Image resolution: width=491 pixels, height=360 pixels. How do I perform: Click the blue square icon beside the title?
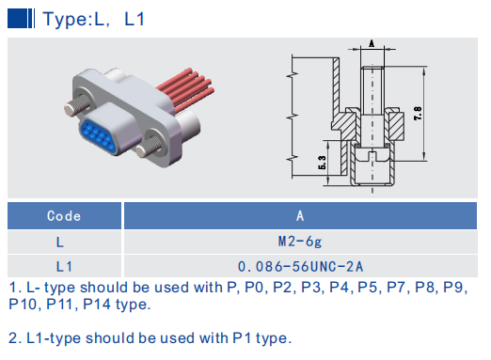pyautogui.click(x=20, y=18)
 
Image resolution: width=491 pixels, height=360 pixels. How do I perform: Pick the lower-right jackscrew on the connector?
pyautogui.click(x=146, y=148)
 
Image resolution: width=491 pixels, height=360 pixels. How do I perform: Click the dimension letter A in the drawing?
pyautogui.click(x=372, y=43)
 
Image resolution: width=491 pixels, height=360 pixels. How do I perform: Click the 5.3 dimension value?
pyautogui.click(x=323, y=166)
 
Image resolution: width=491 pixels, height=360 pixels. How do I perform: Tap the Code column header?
pyautogui.click(x=64, y=216)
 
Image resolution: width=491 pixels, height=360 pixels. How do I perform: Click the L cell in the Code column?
pyautogui.click(x=64, y=242)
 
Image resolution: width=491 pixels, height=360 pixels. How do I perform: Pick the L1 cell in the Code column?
pyautogui.click(x=64, y=266)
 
